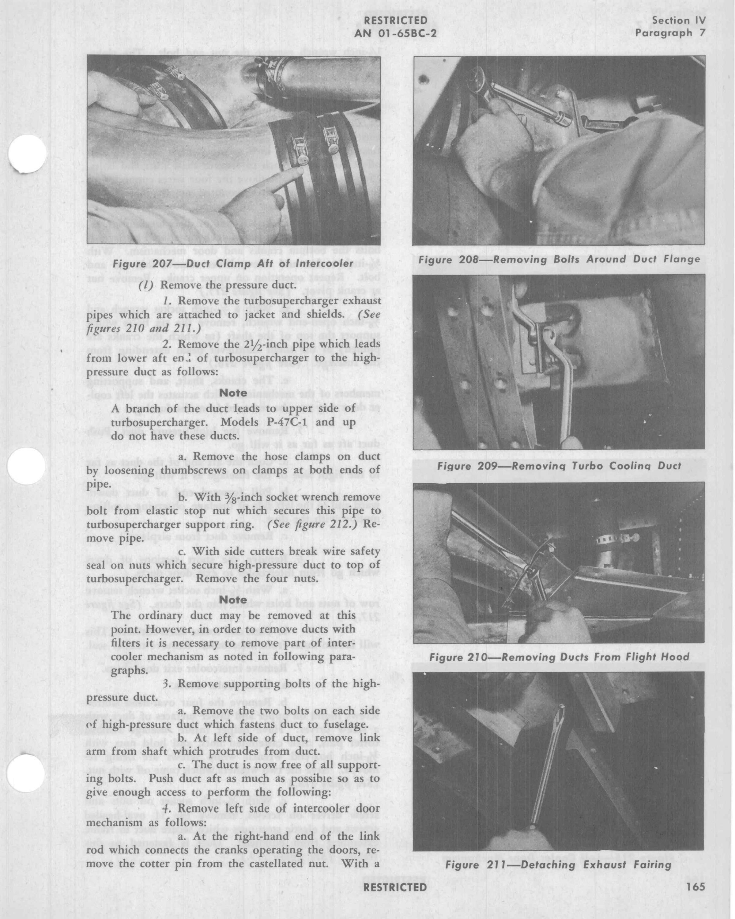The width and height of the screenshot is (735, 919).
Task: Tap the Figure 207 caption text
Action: point(233,263)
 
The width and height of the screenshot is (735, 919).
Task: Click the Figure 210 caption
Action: point(559,657)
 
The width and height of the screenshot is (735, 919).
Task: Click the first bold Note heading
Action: point(233,393)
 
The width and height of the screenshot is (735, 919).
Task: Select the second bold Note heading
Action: point(233,599)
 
